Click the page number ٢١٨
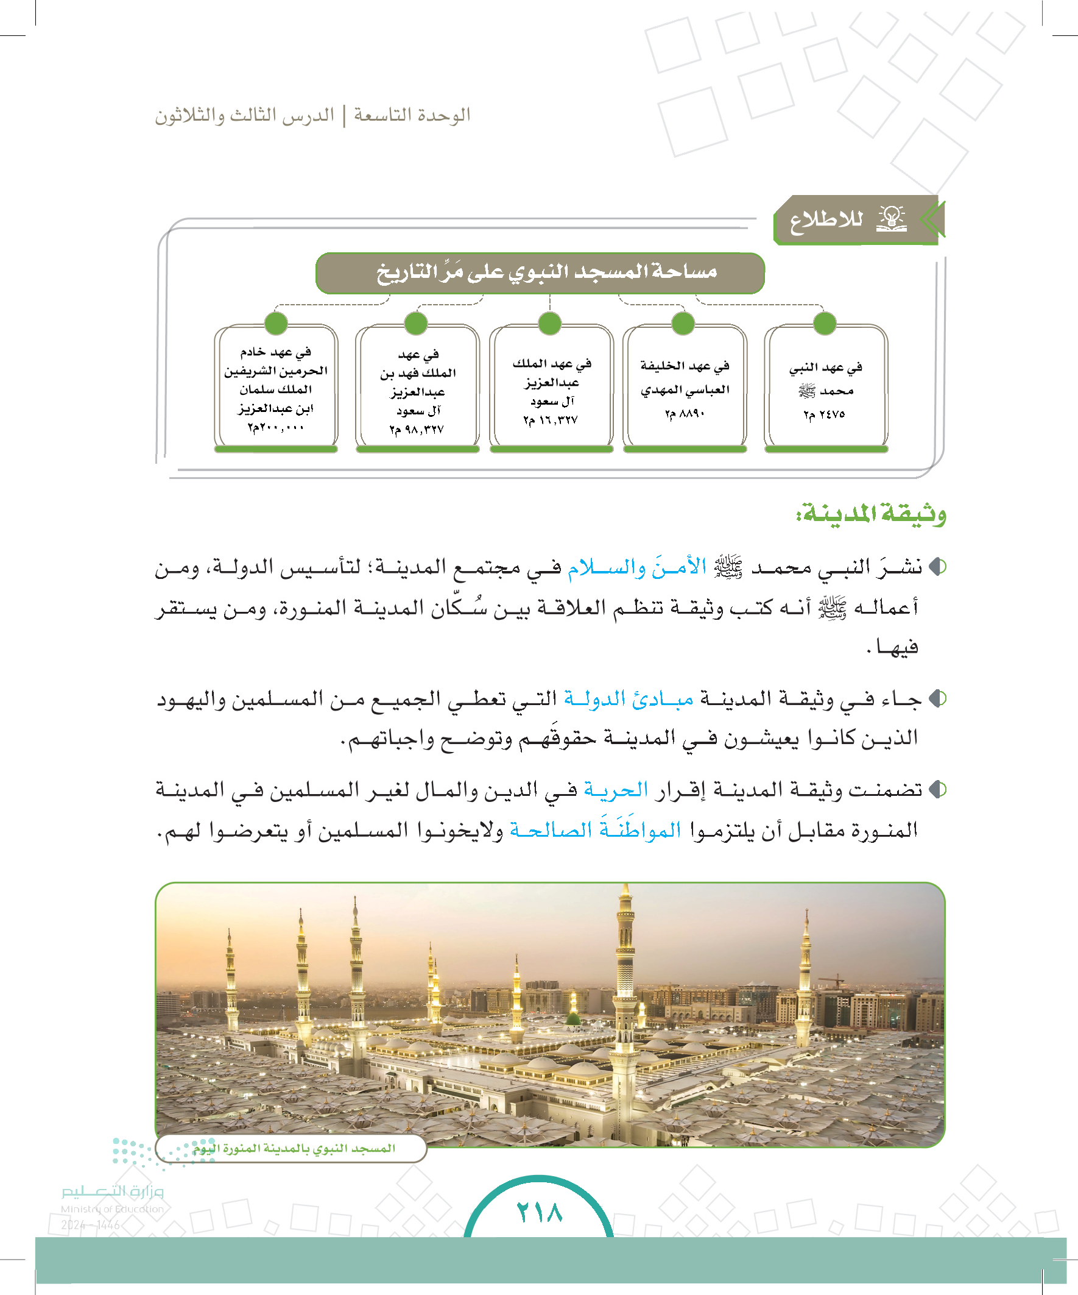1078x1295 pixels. [x=540, y=1213]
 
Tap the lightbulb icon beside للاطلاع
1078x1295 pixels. [x=891, y=219]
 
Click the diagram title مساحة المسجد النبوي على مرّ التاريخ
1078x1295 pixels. [x=546, y=272]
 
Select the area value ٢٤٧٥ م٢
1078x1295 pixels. [x=824, y=414]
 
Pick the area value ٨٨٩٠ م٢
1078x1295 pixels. [x=684, y=414]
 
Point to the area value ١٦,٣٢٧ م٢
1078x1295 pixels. [x=551, y=420]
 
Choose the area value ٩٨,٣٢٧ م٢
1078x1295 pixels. [x=416, y=429]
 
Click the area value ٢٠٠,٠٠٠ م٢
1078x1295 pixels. [x=275, y=427]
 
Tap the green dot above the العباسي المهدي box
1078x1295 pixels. [x=683, y=323]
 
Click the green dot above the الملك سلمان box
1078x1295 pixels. [x=275, y=323]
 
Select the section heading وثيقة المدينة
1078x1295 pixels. [x=871, y=513]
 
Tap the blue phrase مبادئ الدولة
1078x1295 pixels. [x=629, y=698]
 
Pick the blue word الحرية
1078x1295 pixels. [x=616, y=789]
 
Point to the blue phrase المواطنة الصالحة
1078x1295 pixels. [x=596, y=830]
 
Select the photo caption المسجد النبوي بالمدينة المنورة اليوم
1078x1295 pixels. [x=294, y=1148]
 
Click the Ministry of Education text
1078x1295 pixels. [x=112, y=1209]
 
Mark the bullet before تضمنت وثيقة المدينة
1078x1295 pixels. [x=937, y=789]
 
